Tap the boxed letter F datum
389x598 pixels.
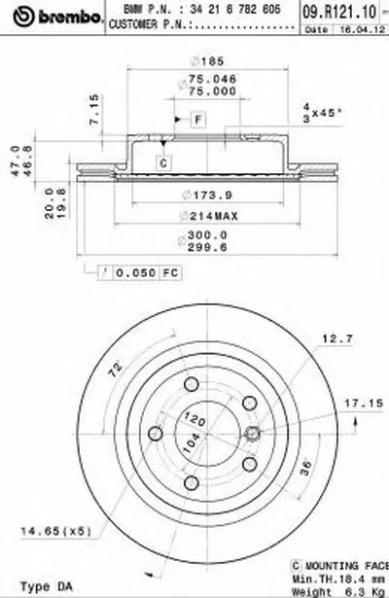(197, 119)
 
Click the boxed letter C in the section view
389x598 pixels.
(163, 163)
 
